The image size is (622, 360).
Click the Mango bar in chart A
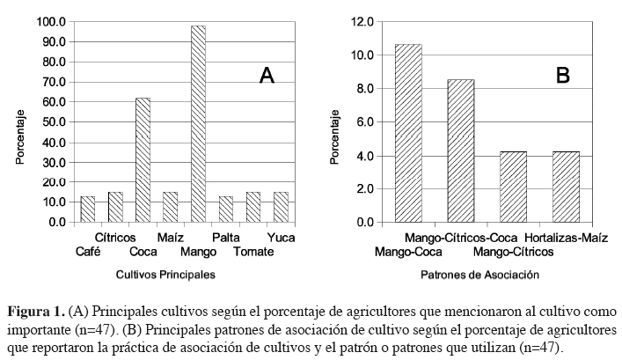[198, 123]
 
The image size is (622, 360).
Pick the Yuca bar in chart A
[281, 207]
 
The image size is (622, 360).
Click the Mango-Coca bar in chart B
[408, 133]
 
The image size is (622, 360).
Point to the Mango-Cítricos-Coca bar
[461, 151]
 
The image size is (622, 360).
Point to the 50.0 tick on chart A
[55, 121]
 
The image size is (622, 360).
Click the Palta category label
[225, 238]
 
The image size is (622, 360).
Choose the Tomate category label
[253, 252]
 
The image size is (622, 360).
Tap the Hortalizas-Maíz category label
[566, 238]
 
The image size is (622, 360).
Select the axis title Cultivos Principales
[165, 275]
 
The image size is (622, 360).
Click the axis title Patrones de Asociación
[479, 275]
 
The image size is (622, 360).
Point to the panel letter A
[267, 76]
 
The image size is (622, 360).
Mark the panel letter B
[563, 76]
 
